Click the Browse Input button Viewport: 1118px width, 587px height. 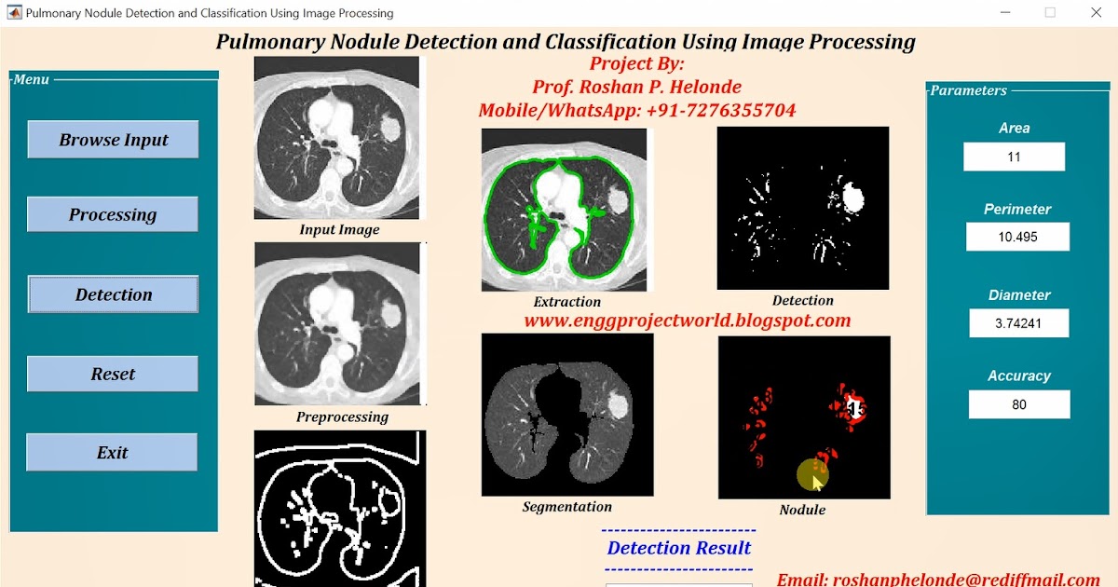pos(113,140)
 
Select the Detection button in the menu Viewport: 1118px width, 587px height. pos(113,294)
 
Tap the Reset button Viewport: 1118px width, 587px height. pos(113,374)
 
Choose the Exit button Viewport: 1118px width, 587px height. pos(112,453)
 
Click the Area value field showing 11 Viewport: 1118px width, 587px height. pos(1014,157)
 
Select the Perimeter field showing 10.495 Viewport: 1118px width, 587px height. pos(1017,237)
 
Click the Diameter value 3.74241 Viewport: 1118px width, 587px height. pos(1018,323)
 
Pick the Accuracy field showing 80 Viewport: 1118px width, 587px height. pos(1018,404)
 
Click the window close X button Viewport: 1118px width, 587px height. pos(1095,12)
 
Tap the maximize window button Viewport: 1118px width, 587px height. pos(1050,12)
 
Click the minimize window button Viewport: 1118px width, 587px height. pos(1005,12)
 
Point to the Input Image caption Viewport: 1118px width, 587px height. pos(339,229)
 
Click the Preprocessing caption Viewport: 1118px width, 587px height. pos(342,416)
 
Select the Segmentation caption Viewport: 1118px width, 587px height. pos(566,507)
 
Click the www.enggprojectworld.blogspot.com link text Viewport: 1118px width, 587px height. pos(688,321)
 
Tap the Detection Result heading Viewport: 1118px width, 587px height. pos(678,548)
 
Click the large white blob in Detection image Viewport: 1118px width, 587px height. pos(852,197)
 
